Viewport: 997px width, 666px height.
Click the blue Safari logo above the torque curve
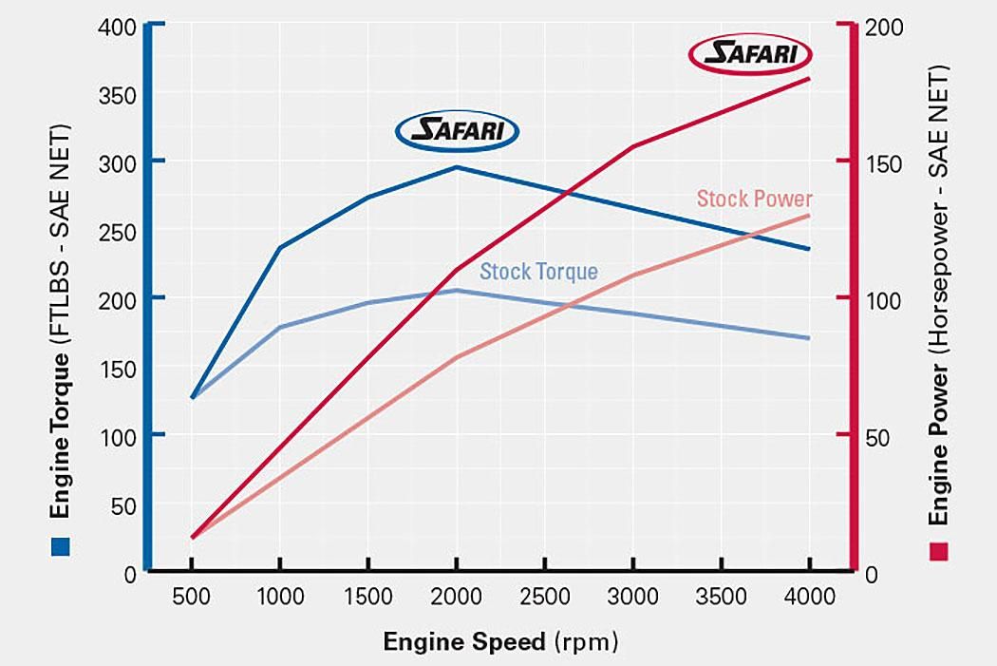point(457,131)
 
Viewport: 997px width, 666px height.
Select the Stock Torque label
point(538,272)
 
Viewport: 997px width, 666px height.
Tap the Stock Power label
point(754,199)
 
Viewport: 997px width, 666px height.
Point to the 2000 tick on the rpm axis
point(457,597)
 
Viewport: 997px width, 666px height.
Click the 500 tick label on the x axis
point(192,597)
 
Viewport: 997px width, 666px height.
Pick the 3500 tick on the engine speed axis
point(721,597)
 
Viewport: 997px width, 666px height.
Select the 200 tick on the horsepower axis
point(884,26)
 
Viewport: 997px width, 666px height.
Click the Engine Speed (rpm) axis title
point(500,641)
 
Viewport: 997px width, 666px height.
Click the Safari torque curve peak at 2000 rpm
point(457,167)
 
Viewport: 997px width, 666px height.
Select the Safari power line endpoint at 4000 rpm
point(809,78)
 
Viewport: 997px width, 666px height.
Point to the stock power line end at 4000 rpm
point(809,216)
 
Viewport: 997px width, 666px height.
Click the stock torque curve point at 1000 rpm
point(280,327)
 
